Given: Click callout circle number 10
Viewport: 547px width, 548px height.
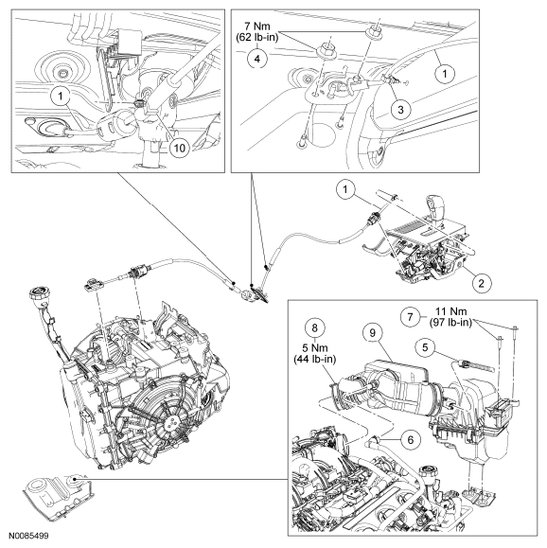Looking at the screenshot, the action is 179,148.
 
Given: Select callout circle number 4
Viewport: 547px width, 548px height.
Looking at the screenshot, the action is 256,59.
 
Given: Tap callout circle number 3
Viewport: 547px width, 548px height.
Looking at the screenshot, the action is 400,110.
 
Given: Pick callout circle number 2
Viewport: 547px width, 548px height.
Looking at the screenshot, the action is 482,283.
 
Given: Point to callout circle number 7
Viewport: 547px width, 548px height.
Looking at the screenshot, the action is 411,317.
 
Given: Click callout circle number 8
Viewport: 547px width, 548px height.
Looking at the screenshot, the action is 315,327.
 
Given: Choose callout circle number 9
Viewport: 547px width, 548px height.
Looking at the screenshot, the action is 372,333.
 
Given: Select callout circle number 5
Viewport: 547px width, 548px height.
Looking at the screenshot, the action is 425,347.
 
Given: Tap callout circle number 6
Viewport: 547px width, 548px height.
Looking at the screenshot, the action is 411,439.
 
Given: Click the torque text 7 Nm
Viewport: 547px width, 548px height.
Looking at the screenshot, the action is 257,27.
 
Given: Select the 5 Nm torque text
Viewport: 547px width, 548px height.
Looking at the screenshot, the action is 315,348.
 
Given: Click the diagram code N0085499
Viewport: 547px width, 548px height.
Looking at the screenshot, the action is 28,536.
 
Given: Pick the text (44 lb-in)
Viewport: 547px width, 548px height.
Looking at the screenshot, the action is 315,359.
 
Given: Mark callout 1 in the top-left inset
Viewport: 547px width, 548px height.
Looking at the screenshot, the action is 61,96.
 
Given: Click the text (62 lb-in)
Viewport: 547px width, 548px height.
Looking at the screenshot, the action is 257,37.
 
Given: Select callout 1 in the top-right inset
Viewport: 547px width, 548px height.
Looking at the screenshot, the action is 445,74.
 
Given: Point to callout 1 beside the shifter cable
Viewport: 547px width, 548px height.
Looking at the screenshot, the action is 345,190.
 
